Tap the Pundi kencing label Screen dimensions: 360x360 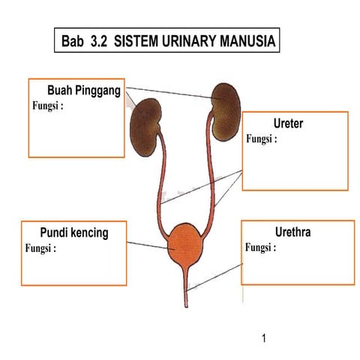[x=74, y=232]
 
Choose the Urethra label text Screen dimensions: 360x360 [x=293, y=232]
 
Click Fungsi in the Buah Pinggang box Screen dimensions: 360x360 [x=47, y=105]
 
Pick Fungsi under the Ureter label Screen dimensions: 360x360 [x=262, y=139]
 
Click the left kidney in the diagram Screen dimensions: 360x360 [x=148, y=120]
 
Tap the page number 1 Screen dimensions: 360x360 [x=265, y=337]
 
